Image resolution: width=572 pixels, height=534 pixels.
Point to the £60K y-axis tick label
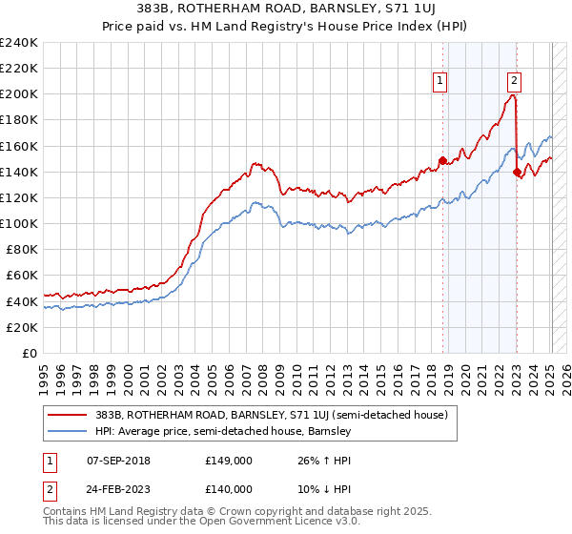click(x=21, y=276)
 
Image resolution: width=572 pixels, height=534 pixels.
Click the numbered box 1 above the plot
click(x=440, y=81)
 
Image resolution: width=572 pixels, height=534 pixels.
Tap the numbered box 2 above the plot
click(x=514, y=81)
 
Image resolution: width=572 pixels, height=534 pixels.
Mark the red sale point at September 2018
click(x=442, y=160)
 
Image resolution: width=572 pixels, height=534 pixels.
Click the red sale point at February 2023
click(x=517, y=172)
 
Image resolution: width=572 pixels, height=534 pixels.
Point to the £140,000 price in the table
click(x=229, y=488)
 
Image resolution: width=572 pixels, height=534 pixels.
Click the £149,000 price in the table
click(x=229, y=460)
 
